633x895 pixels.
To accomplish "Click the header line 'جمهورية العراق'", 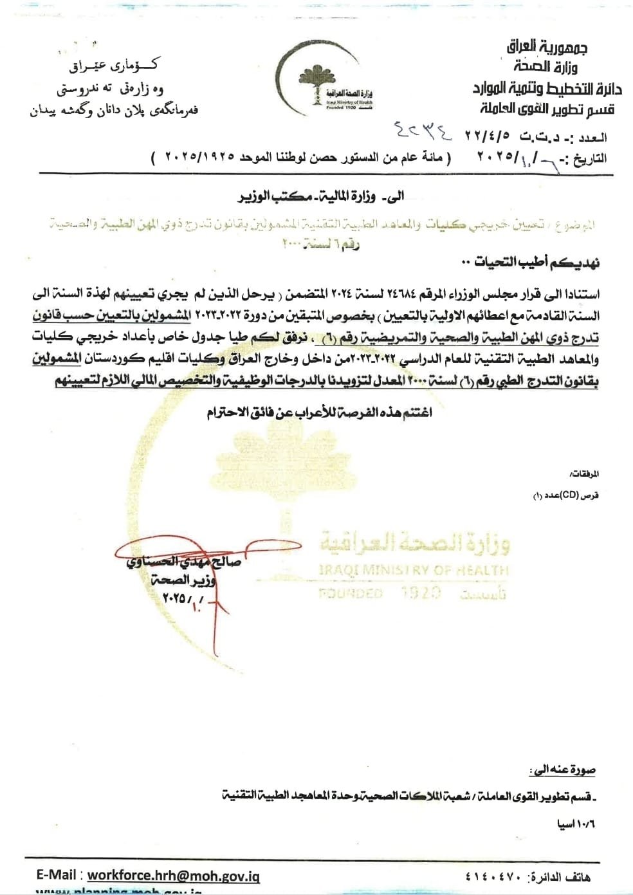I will coord(547,46).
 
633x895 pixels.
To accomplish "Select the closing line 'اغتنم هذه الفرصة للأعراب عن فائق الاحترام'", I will coord(319,412).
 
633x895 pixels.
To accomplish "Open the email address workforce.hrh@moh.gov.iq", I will coord(173,875).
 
